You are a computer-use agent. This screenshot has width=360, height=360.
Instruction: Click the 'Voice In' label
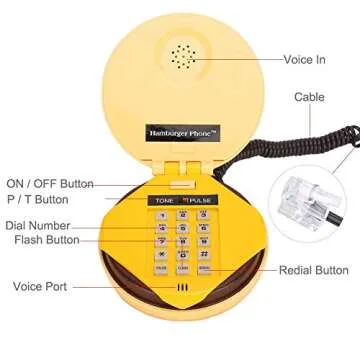point(305,60)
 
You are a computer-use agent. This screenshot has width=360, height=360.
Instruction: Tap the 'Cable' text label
point(307,98)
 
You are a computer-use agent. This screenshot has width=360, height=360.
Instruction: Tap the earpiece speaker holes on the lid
point(181,56)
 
